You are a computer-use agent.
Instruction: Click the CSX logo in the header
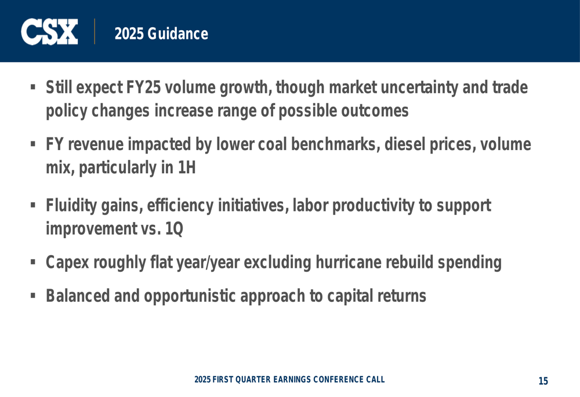click(x=49, y=32)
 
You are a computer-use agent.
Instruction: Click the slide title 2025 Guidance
click(x=161, y=34)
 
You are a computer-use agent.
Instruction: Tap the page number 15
click(x=543, y=381)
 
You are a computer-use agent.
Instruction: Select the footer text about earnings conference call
click(x=289, y=380)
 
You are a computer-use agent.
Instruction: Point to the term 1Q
click(x=174, y=229)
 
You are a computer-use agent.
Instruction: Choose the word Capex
click(x=67, y=263)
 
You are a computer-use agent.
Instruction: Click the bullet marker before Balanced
click(x=33, y=296)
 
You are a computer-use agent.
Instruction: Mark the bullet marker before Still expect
click(x=33, y=88)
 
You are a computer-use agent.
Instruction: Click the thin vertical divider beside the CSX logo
click(x=95, y=31)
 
